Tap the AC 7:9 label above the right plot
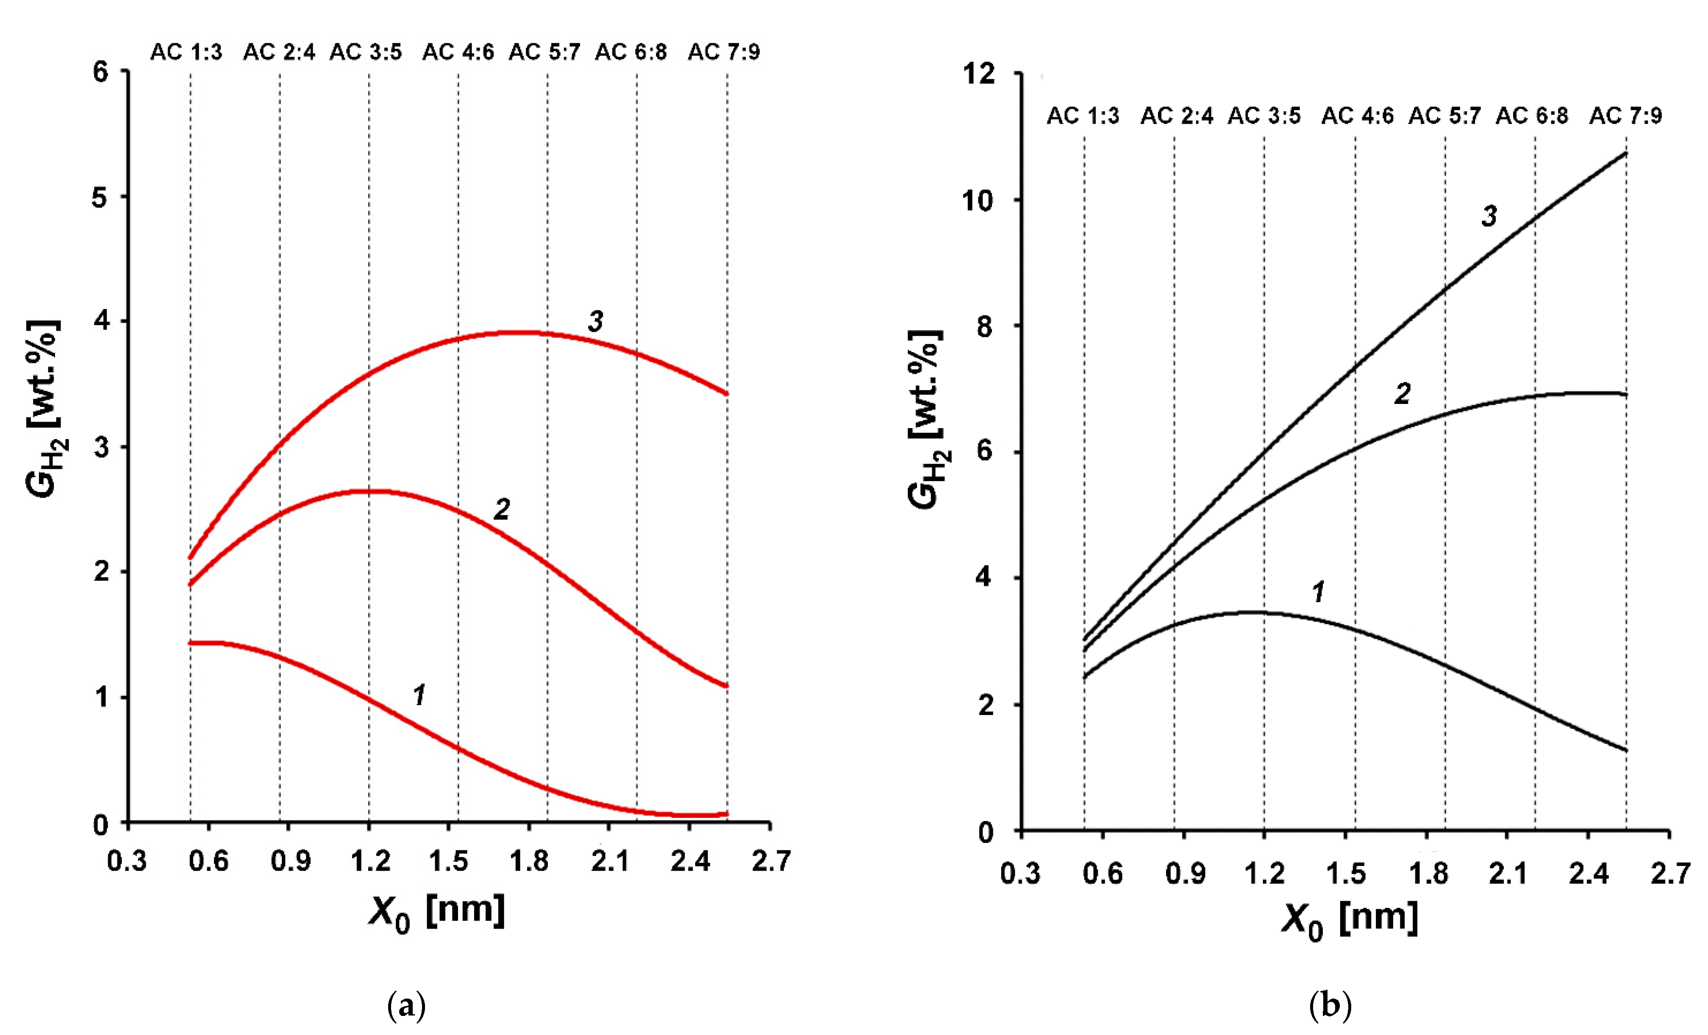(1625, 115)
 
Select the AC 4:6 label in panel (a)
(458, 52)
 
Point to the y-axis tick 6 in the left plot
(101, 71)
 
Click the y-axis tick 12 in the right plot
(978, 73)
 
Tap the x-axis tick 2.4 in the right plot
(1588, 873)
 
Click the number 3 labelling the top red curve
(595, 321)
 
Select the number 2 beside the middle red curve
(501, 509)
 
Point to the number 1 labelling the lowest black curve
(1319, 591)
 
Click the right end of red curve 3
(726, 394)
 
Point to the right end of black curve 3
(1625, 153)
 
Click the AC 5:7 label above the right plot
(1444, 115)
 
